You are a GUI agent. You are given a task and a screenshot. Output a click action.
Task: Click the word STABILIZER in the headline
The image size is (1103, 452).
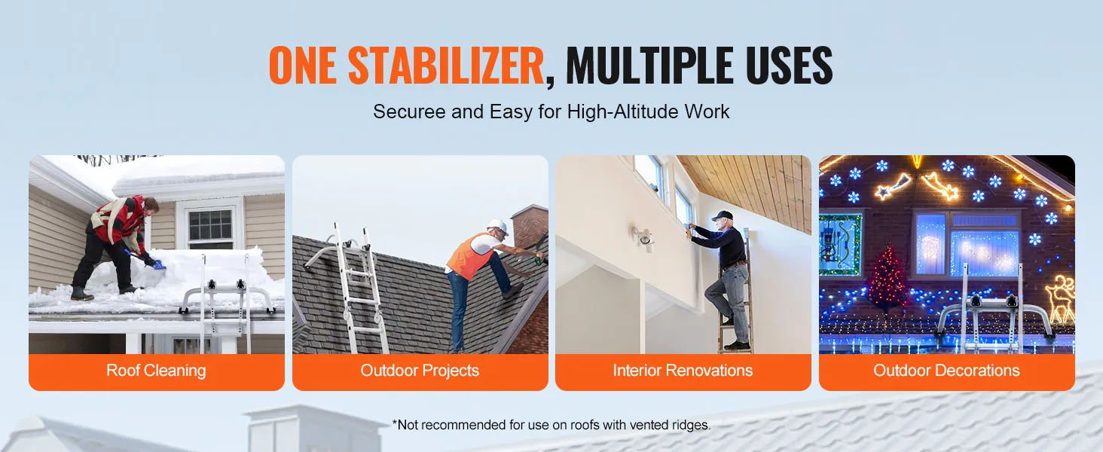tap(445, 65)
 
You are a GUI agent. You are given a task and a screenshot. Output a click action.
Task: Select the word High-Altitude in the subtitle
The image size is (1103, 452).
tap(622, 111)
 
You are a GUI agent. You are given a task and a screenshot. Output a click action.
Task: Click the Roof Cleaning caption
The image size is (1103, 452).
tap(156, 371)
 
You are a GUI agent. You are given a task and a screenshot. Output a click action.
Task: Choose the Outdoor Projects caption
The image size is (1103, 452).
tap(420, 371)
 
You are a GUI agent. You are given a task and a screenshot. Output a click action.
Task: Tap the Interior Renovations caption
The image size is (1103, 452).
tap(683, 371)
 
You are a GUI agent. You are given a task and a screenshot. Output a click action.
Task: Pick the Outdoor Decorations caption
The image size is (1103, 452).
tap(946, 371)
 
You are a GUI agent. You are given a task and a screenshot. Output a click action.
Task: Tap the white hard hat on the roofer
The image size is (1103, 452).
tap(498, 227)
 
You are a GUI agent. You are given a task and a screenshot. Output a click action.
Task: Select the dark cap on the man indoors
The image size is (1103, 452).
tap(723, 215)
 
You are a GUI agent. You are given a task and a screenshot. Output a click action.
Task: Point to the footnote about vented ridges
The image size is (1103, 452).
tap(551, 425)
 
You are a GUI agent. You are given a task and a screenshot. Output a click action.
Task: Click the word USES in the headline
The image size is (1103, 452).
tap(790, 65)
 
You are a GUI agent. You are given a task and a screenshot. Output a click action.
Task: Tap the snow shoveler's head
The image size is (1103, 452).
tap(150, 203)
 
